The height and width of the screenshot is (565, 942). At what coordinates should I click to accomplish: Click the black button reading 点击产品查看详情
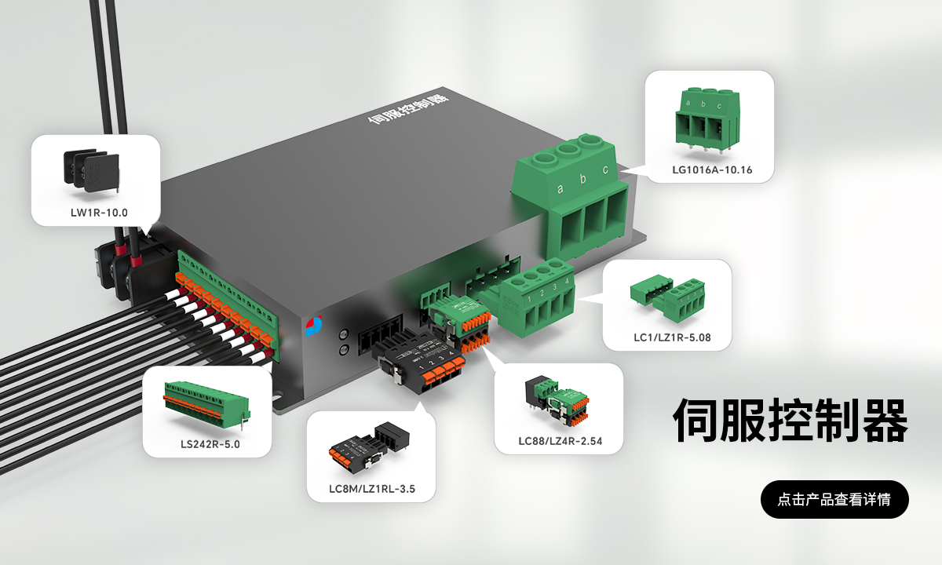834,499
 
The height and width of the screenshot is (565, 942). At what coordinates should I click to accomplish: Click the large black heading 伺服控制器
790,421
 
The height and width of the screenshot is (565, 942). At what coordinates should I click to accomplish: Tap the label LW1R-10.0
99,213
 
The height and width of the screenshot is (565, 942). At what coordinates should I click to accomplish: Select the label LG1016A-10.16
712,169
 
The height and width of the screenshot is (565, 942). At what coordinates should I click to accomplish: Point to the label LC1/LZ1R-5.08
672,337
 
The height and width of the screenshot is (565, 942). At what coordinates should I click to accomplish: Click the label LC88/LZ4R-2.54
560,441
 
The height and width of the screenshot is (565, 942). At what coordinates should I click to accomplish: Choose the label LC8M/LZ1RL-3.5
372,489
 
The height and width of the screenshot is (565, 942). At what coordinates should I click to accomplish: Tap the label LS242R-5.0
210,444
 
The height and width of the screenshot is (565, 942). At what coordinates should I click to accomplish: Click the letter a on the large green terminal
560,189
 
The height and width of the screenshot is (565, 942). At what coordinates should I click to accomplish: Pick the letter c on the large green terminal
605,169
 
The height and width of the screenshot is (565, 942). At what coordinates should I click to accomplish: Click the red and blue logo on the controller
314,326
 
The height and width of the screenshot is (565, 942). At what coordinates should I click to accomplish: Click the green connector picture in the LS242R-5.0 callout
207,406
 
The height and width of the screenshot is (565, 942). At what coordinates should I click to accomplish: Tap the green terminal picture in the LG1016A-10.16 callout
707,120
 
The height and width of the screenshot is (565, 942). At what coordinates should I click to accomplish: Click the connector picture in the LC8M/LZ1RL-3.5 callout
369,445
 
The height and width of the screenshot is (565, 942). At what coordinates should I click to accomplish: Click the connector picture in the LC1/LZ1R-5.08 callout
667,297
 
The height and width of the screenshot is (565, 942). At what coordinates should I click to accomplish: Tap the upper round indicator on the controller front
344,334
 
